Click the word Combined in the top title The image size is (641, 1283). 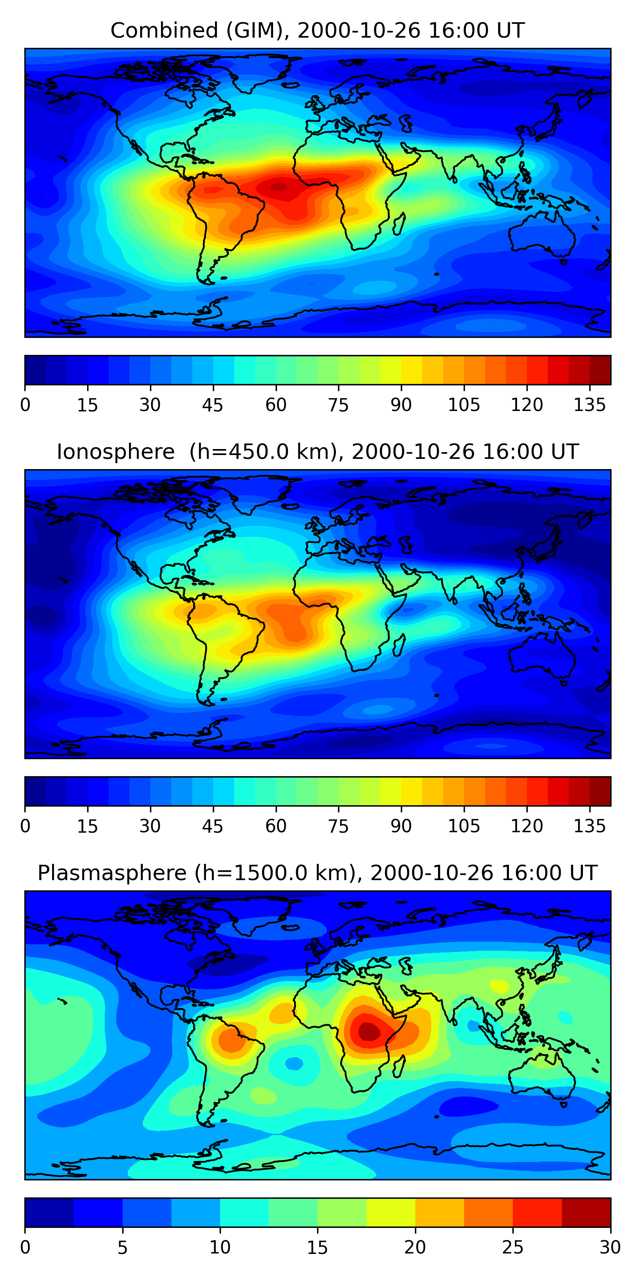(x=164, y=31)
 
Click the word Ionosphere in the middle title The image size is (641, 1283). (x=115, y=452)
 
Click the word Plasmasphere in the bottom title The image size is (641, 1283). (x=112, y=873)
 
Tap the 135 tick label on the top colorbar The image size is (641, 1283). (x=589, y=405)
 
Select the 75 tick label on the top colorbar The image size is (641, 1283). (x=338, y=405)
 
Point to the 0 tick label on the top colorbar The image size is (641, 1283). (x=25, y=405)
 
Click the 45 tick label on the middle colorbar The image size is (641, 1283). (x=212, y=826)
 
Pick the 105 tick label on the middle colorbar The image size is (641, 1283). (x=463, y=826)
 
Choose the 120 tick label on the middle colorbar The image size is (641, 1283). (x=526, y=826)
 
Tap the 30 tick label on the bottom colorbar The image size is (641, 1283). (x=610, y=1248)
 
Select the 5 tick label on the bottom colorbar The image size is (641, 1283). (x=122, y=1248)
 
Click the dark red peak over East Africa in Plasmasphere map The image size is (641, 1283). (x=369, y=1031)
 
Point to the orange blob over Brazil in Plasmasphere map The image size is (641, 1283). (x=233, y=1040)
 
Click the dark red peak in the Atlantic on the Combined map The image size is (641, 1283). (x=278, y=187)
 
